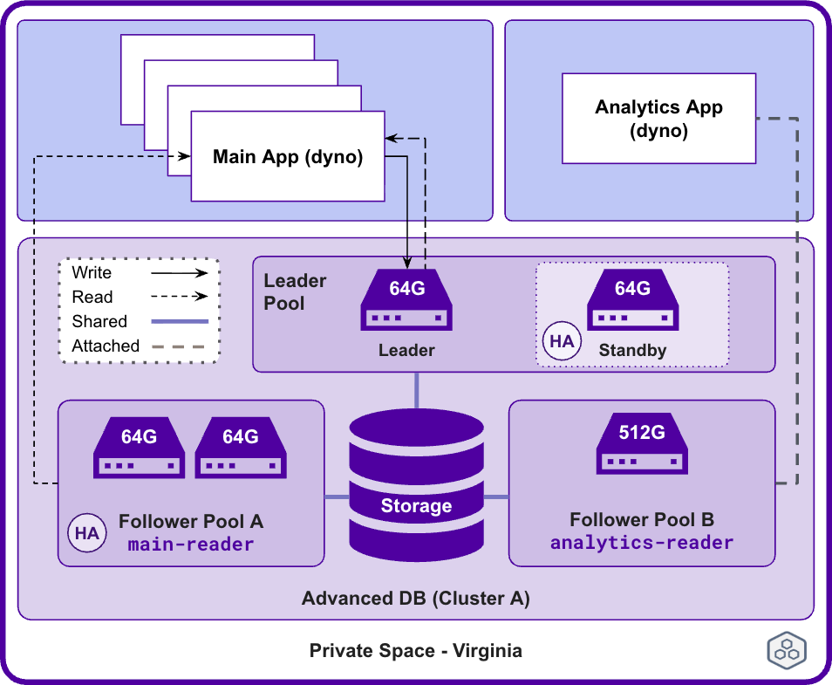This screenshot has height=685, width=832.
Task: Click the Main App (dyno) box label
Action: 288,157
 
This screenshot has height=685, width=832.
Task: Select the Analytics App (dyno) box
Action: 658,119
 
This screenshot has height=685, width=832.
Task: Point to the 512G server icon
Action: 642,444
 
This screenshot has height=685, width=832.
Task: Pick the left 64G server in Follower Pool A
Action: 140,448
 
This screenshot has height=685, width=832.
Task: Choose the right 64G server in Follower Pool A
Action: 241,448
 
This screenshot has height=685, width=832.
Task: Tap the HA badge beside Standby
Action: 562,341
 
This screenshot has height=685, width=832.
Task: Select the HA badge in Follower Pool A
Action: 87,533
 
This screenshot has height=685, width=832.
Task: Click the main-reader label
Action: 191,545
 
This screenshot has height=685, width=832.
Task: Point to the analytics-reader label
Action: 642,543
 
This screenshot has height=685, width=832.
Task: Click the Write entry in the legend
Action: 92,273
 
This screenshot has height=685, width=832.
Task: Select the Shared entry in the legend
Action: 99,322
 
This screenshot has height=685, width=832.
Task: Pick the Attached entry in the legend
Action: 106,346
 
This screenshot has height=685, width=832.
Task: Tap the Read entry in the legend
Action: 92,298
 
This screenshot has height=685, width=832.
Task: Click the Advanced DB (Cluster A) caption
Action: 416,599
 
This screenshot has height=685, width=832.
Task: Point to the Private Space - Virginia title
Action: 416,651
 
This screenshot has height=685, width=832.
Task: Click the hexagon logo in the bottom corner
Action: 786,651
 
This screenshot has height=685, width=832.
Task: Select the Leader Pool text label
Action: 295,292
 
